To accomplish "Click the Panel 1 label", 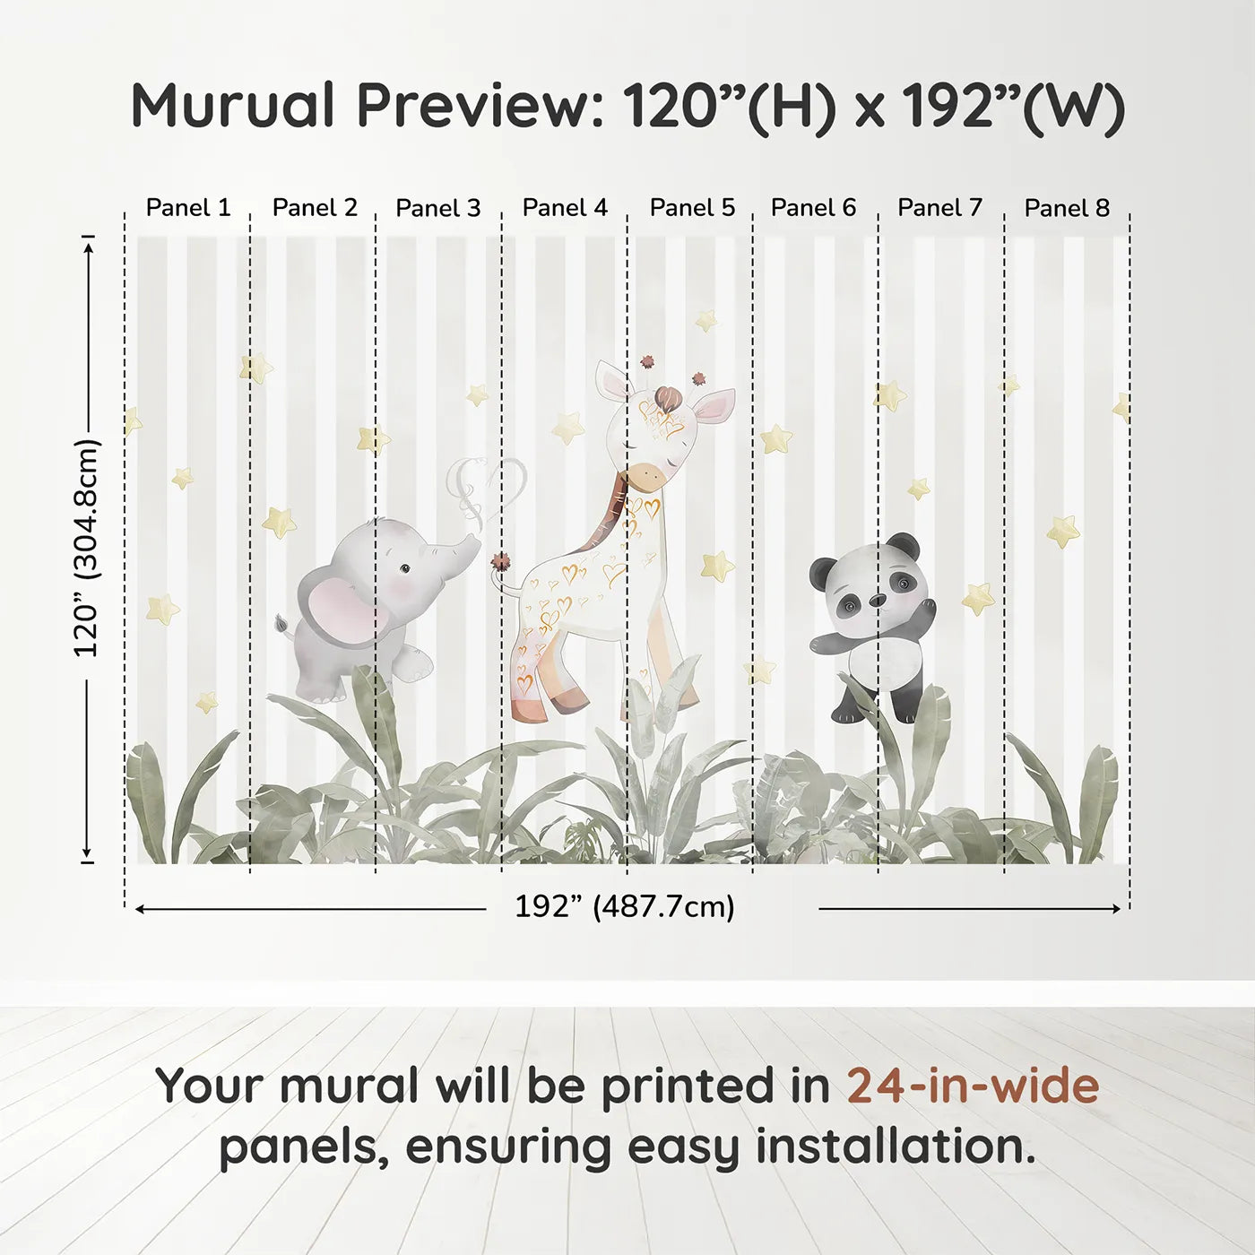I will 187,208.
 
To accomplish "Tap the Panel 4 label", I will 565,208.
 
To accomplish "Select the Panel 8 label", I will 1067,208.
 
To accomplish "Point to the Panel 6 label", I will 813,208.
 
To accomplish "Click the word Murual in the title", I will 233,106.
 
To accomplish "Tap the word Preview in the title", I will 472,106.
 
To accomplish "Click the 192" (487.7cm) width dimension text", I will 624,907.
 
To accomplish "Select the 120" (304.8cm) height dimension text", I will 87,548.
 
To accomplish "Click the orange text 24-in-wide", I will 973,1086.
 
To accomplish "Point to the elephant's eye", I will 405,568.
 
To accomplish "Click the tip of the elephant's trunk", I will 474,541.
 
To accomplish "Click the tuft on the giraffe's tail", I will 500,562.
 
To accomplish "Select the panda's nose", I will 878,599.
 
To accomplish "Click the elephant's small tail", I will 283,623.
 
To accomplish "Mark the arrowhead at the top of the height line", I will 88,245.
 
